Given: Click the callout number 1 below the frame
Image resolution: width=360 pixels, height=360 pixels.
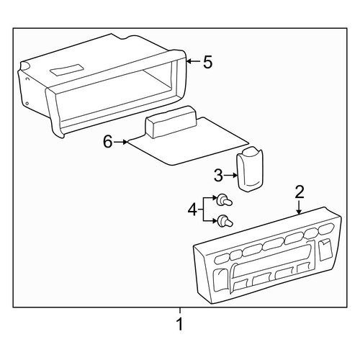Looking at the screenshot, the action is coord(180,324).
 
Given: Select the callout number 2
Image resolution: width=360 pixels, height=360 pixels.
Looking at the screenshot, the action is coord(300,192).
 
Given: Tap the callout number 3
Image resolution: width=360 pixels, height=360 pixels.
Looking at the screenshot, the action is coord(218,175).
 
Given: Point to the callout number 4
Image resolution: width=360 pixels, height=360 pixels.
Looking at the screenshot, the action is coord(192,210).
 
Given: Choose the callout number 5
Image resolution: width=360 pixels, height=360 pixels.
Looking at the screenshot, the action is coord(208,62).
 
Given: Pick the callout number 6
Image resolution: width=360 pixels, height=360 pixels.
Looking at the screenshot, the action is coord(108,142).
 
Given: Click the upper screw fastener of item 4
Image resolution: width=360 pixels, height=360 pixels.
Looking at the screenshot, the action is coord(224,200).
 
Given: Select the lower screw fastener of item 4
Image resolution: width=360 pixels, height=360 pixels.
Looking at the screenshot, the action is coord(225,221).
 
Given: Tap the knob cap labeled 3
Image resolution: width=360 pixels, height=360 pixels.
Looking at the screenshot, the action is coord(250,169).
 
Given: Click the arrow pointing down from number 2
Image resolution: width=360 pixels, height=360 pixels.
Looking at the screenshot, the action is coord(299,207).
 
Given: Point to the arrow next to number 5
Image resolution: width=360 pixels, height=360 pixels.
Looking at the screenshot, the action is coord(194,61).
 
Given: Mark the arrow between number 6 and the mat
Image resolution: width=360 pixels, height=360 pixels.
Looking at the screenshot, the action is coord(121,142).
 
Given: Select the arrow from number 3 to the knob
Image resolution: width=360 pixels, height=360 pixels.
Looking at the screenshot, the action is coord(231,176).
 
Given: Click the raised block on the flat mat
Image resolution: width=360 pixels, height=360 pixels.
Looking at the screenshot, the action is coord(171,122).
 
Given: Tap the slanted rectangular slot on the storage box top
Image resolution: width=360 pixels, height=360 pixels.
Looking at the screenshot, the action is coord(66,70).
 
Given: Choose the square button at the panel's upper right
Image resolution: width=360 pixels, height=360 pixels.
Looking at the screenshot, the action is coord(325,249).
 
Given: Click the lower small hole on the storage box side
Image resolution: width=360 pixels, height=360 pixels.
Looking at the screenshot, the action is coord(27,104).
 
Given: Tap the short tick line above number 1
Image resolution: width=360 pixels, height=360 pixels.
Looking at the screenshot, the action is coord(180,310).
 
